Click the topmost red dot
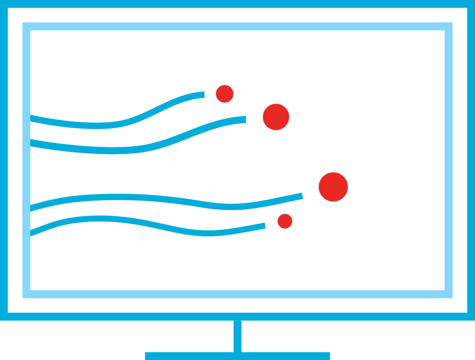pos(225,94)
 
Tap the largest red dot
pos(333,187)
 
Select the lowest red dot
pos(285,221)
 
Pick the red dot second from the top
pos(276,117)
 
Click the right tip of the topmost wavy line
pos(203,95)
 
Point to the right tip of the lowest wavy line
pos(264,226)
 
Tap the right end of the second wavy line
pos(244,120)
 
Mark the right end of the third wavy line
pos(302,196)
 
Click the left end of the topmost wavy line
pos(32,118)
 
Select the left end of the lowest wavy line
pos(32,232)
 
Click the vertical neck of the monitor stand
pos(237,336)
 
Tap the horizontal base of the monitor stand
pos(237,356)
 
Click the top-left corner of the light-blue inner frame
pos(26,26)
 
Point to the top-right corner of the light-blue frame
pos(449,26)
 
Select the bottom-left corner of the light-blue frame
pos(26,294)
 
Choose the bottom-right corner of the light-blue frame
pos(449,294)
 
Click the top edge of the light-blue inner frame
pos(237,26)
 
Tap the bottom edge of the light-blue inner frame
pos(237,294)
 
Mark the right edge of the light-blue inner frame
pos(449,160)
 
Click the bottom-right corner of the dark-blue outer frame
pos(470,316)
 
